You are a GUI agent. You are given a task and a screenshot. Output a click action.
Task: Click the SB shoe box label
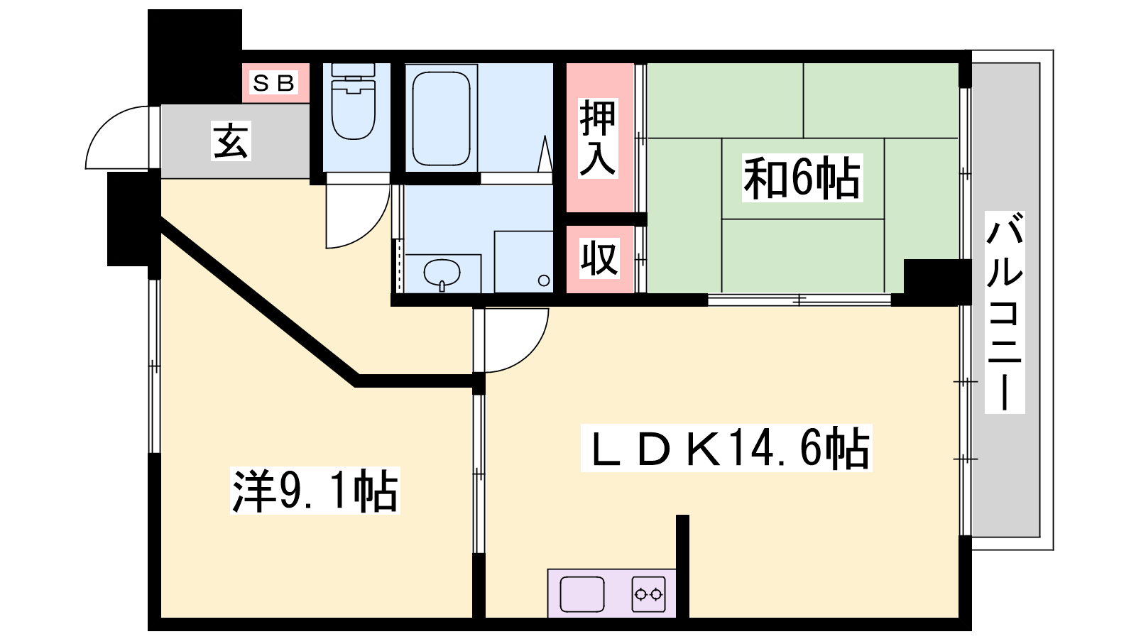pyautogui.click(x=274, y=82)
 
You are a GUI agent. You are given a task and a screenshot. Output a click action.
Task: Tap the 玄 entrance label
pyautogui.click(x=231, y=141)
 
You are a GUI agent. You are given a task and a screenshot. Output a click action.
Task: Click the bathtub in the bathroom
pyautogui.click(x=441, y=119)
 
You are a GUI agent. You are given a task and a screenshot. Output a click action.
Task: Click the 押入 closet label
pyautogui.click(x=599, y=138)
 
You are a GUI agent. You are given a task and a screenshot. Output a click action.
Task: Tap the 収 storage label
pyautogui.click(x=599, y=258)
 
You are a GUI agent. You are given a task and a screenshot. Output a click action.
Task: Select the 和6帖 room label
pyautogui.click(x=802, y=178)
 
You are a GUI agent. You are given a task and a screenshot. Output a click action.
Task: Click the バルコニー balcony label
pyautogui.click(x=1005, y=312)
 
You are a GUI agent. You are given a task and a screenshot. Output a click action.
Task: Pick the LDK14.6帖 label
pyautogui.click(x=726, y=448)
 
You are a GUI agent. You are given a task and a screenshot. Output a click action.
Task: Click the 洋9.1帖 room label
pyautogui.click(x=315, y=491)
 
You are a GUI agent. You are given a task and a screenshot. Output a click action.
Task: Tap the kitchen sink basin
pyautogui.click(x=581, y=594)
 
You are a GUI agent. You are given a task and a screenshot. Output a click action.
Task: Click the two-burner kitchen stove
pyautogui.click(x=649, y=594)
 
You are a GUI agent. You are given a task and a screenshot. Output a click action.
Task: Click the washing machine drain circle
pyautogui.click(x=544, y=280)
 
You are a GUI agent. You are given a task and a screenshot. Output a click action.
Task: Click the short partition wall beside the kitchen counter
pyautogui.click(x=682, y=566)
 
